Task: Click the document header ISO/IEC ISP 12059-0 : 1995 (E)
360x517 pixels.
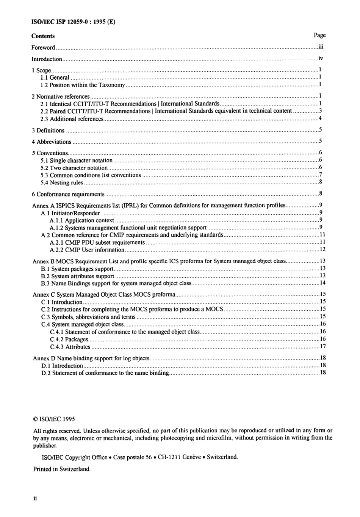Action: [73, 22]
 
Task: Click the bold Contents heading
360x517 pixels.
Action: [43, 36]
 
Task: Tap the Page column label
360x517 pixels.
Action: [319, 35]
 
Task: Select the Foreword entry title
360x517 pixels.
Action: [43, 48]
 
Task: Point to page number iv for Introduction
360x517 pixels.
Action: [321, 59]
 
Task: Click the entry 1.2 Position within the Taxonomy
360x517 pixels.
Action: [83, 85]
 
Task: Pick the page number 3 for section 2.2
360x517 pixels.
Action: [320, 111]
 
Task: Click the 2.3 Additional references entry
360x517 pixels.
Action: [72, 119]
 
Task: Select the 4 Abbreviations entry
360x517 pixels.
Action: [52, 142]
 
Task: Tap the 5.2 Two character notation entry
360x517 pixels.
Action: [74, 168]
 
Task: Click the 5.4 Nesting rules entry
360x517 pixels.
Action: [62, 182]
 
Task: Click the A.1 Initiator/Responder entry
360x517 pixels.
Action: [70, 213]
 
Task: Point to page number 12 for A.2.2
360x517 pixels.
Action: [322, 250]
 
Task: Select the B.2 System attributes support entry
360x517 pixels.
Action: [78, 276]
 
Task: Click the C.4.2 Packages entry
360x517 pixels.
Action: [69, 339]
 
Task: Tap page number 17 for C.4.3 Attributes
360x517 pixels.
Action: [322, 346]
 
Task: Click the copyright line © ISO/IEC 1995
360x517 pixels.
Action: [54, 419]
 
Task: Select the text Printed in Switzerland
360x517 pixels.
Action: [62, 469]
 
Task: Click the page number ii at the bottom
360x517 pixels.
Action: [35, 499]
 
